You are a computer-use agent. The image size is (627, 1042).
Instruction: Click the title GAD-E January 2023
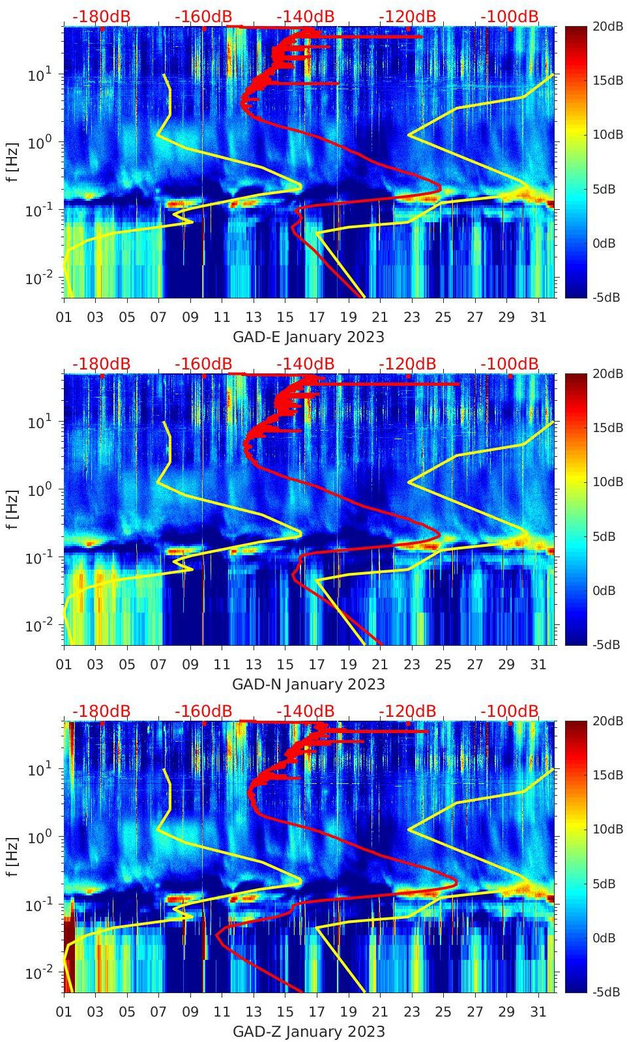pos(308,337)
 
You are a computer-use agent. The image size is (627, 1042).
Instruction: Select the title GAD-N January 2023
pos(308,684)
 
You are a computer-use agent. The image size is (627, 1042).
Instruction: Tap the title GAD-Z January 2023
pos(308,1032)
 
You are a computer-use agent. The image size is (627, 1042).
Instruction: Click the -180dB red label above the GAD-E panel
pos(101,16)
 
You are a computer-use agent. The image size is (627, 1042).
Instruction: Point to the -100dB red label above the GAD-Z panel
pos(510,711)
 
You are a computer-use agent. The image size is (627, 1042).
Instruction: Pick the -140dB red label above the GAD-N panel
pos(305,364)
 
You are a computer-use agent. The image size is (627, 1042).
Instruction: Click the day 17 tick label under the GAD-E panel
pos(317,317)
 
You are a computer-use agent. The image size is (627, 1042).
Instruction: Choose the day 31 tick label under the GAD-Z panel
pos(538,1012)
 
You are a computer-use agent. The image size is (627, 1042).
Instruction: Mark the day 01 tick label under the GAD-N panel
pos(64,665)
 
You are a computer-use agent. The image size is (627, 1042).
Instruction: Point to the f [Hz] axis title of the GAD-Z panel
pos(13,856)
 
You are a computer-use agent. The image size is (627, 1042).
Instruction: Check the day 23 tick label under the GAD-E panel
pos(411,317)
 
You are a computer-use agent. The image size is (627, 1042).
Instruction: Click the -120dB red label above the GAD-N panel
pos(407,364)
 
